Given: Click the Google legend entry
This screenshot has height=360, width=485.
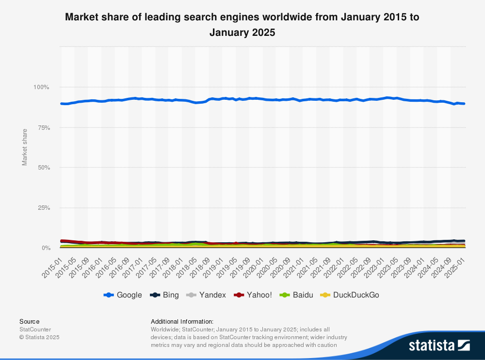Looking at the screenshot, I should [123, 295].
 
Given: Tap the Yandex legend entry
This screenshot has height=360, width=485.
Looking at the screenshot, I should [206, 295].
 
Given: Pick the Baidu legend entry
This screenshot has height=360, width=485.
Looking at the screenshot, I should [297, 295].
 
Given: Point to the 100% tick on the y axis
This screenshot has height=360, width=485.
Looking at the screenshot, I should [41, 87].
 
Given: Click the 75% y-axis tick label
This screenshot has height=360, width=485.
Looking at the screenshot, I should [43, 127].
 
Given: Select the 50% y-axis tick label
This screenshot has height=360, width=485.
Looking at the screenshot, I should [43, 168].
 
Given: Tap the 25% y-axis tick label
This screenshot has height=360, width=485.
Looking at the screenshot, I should [43, 208].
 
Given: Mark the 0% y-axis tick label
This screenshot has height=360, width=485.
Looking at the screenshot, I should [45, 248].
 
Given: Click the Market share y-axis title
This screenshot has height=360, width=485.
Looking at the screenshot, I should [25, 147].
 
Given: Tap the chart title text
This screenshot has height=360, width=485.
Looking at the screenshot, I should [242, 25].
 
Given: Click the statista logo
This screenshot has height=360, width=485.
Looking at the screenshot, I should [439, 345].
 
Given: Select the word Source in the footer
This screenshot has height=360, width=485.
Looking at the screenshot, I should [30, 321].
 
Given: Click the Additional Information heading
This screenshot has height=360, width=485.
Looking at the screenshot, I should [182, 321].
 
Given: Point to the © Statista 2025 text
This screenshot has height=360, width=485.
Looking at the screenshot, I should [39, 337].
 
